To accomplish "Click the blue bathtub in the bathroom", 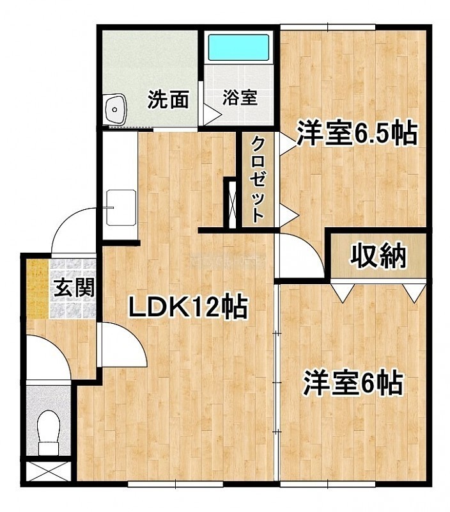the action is click(238, 47).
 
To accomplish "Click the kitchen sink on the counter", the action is click(121, 207).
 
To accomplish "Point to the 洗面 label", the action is click(168, 99).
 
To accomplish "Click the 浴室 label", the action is click(240, 97).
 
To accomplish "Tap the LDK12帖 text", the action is click(188, 307).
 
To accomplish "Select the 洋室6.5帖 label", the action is click(357, 133).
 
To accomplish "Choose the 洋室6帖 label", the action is click(353, 383).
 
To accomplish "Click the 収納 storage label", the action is click(378, 255).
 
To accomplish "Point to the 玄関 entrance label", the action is click(74, 287).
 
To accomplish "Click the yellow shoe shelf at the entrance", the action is click(38, 289).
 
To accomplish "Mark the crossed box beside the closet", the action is click(232, 204).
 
